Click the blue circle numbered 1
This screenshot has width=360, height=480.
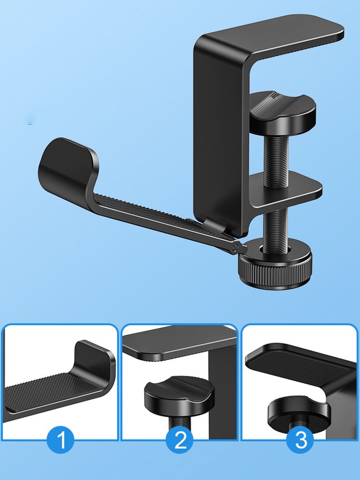coord(60,440)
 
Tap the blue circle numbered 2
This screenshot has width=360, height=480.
coord(180,440)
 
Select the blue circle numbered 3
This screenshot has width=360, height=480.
coord(300,440)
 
